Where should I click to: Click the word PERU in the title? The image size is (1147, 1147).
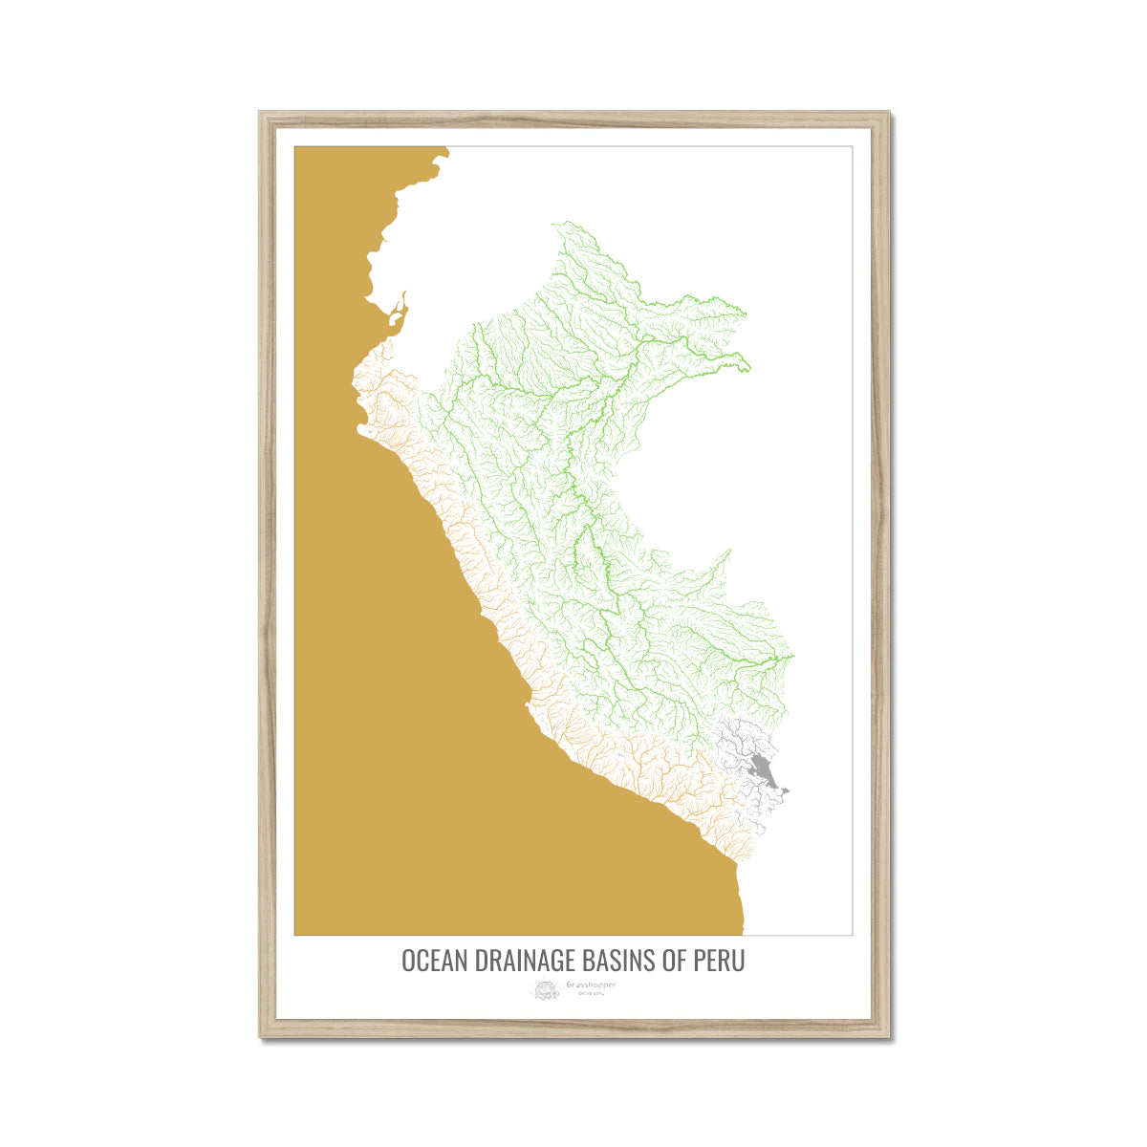point(718,961)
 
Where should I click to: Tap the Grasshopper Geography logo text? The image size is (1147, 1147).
point(592,985)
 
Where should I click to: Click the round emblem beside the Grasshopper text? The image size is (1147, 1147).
point(547,990)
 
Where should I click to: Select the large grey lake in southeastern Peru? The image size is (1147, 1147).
point(762,768)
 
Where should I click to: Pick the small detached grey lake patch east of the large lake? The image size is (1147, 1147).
point(783,790)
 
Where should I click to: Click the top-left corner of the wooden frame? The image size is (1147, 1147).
point(261,114)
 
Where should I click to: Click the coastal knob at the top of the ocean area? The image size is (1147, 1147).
point(443,151)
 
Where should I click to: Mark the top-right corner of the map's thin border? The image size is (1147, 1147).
point(852,146)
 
